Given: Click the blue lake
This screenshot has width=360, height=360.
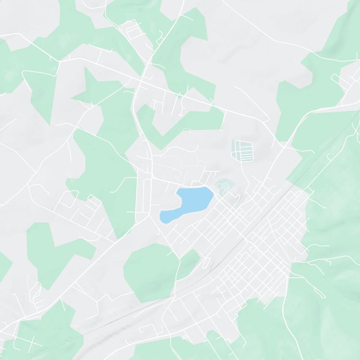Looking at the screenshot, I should coord(191,201).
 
